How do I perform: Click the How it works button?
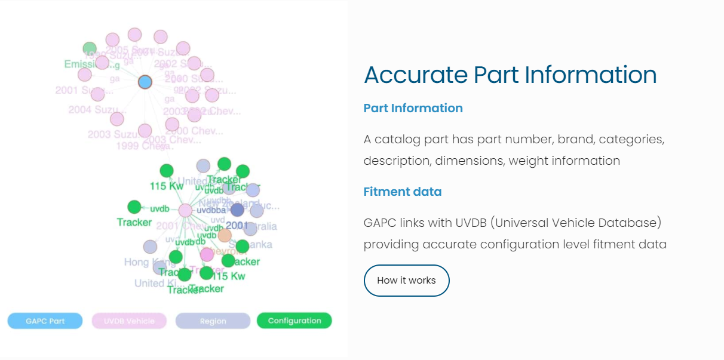point(406,281)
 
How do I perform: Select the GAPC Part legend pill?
point(45,321)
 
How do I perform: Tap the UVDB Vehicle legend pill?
point(128,321)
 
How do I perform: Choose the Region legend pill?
point(213,321)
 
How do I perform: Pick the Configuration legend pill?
point(294,321)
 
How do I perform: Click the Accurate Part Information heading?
point(510,75)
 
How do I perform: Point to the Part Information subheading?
point(413,108)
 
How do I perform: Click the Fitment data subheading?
point(403,192)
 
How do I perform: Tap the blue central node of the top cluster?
point(145,82)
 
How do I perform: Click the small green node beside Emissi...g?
point(90,48)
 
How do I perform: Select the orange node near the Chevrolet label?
point(225,235)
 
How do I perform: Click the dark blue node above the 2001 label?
point(237,210)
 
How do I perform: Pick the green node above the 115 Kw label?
point(167,171)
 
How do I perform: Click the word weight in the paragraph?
point(529,161)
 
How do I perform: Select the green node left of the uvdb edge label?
point(134,207)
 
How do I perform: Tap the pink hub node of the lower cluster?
point(185,210)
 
